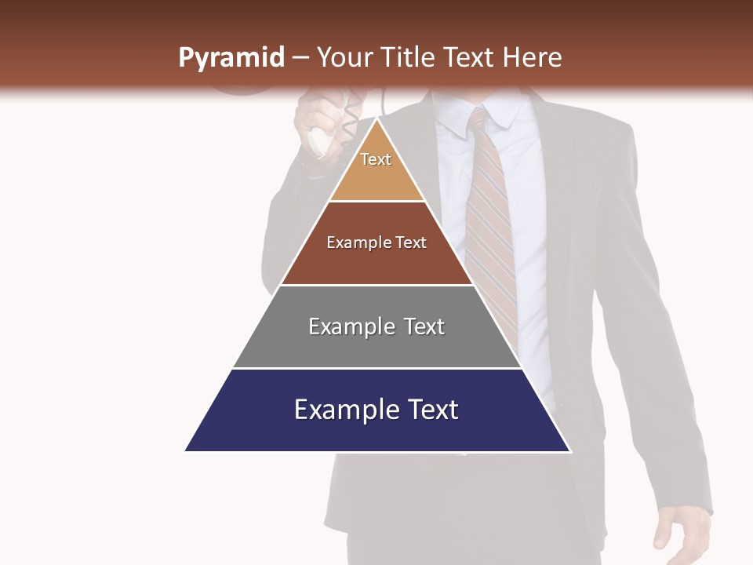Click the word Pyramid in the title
pos(231,58)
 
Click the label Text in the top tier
pos(376,159)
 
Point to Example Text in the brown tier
pos(376,242)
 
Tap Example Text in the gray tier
pos(376,326)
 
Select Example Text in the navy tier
pos(376,410)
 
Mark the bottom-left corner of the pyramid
pos(187,450)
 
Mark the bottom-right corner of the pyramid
pos(569,450)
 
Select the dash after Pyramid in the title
pos(300,58)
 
